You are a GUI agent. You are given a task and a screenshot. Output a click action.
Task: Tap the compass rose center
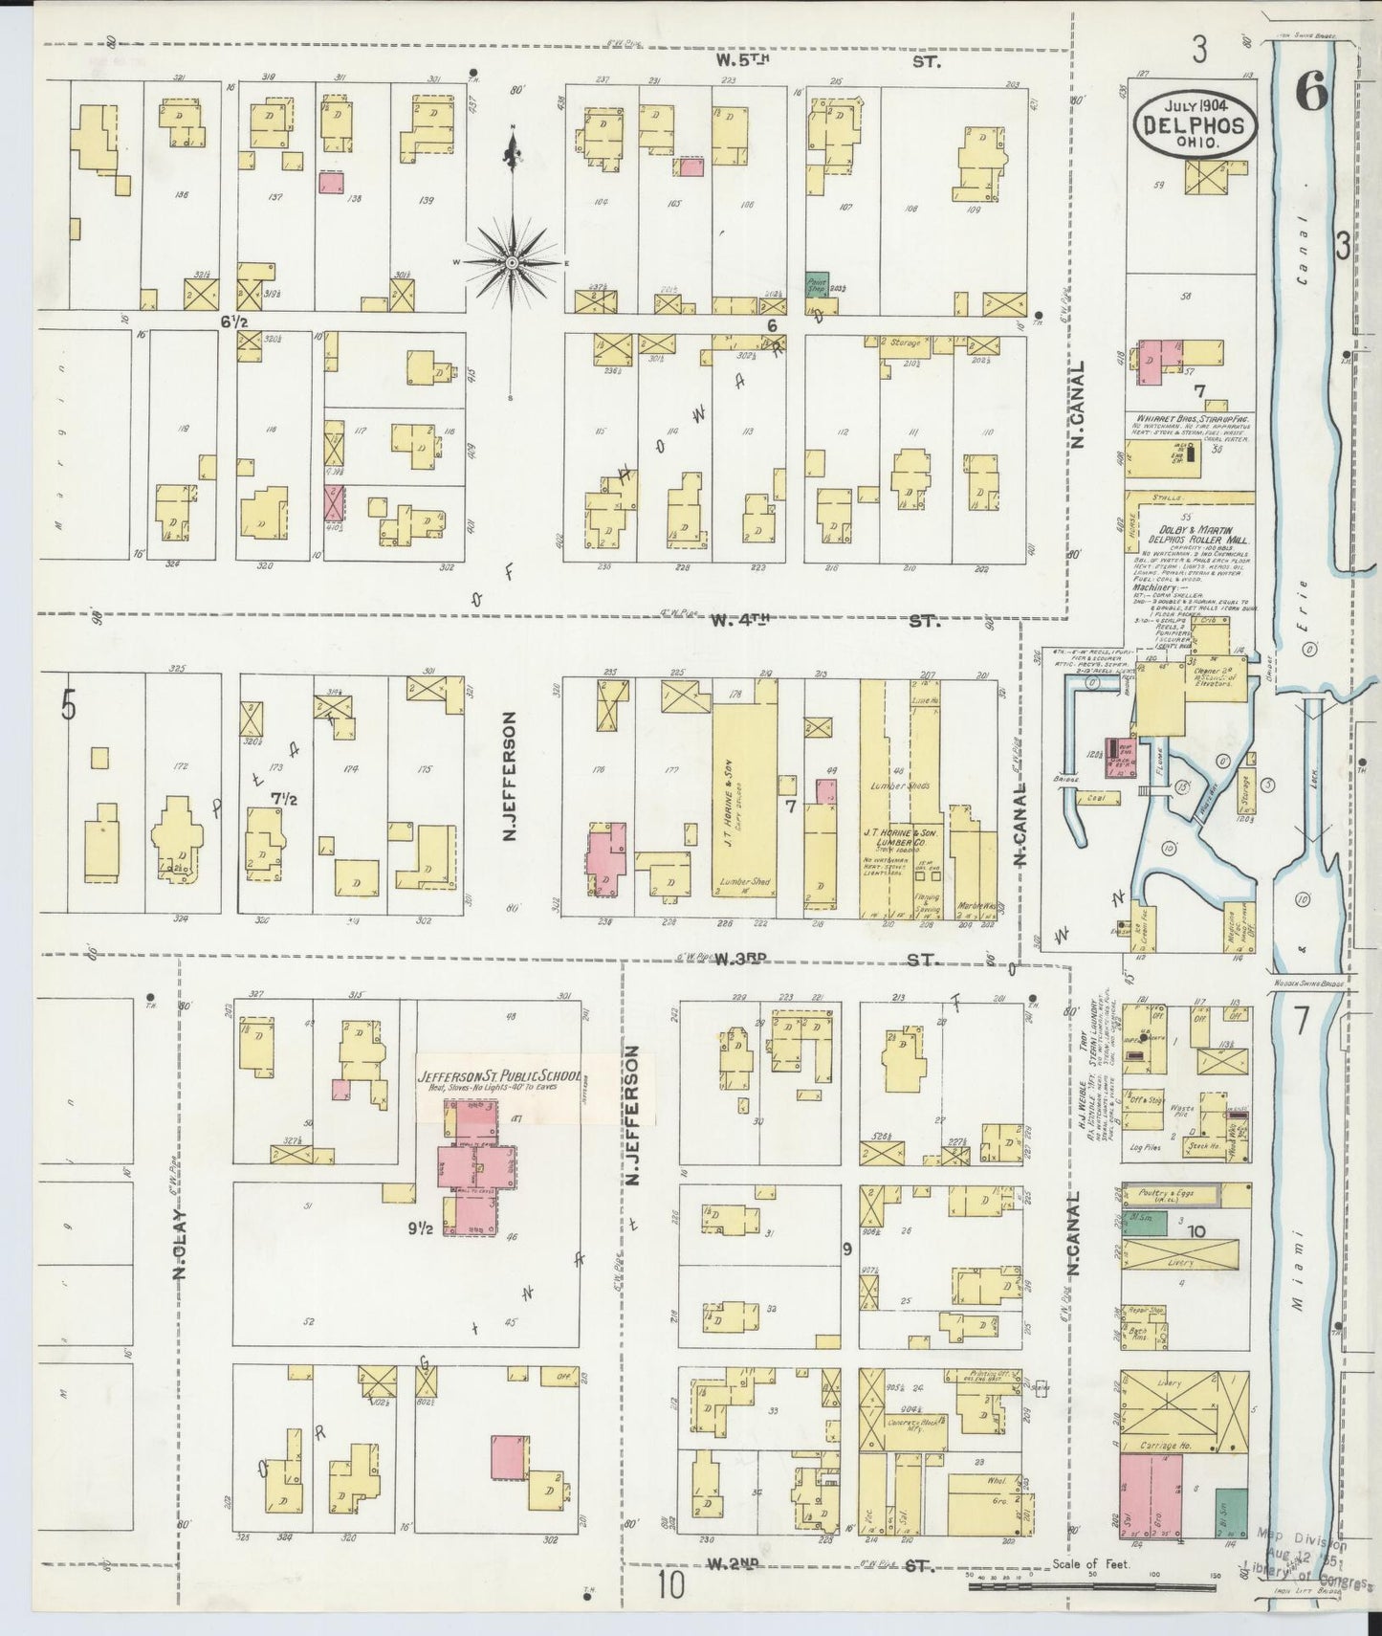coord(512,262)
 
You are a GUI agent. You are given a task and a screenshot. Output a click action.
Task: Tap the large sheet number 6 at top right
coord(1312,93)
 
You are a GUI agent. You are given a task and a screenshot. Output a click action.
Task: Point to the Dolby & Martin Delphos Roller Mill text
coord(1183,536)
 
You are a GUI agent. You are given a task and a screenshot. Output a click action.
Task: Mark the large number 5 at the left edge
coord(68,705)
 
